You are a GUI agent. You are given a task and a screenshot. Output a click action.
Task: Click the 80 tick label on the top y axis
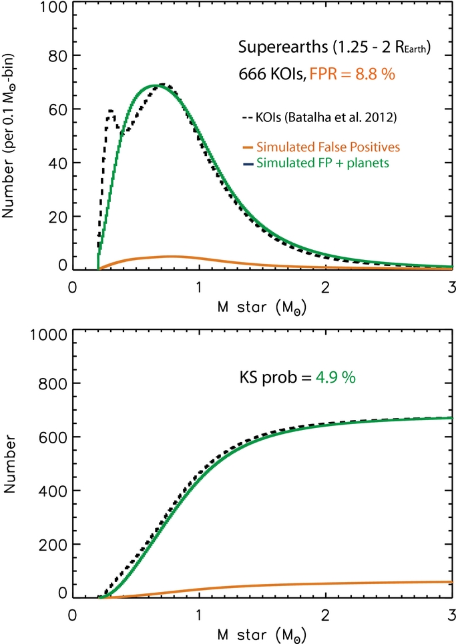pyautogui.click(x=57, y=56)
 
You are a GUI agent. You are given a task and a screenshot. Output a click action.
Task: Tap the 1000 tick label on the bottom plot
pyautogui.click(x=49, y=335)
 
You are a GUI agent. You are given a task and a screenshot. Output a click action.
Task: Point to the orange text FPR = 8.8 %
pyautogui.click(x=352, y=74)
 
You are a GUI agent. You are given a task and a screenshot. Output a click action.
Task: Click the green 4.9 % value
pyautogui.click(x=336, y=377)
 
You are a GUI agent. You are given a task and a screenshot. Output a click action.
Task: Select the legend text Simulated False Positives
pyautogui.click(x=328, y=147)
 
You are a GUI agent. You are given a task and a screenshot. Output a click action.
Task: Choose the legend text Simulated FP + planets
pyautogui.click(x=322, y=163)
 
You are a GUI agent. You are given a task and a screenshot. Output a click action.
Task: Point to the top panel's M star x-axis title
pyautogui.click(x=262, y=307)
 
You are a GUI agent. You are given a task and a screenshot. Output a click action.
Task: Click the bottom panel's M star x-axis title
pyautogui.click(x=262, y=635)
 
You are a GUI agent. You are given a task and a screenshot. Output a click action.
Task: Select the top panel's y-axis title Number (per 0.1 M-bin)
pyautogui.click(x=8, y=136)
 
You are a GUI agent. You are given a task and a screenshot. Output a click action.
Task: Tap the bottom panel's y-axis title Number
pyautogui.click(x=9, y=464)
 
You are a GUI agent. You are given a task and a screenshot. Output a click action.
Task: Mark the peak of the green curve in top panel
pyautogui.click(x=153, y=85)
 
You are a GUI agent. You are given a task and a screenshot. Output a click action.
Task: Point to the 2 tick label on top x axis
pyautogui.click(x=325, y=287)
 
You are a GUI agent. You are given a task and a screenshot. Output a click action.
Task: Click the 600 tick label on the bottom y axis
pyautogui.click(x=53, y=437)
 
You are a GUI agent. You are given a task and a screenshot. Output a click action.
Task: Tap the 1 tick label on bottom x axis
pyautogui.click(x=199, y=615)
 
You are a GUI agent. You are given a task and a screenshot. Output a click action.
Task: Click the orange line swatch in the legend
pyautogui.click(x=248, y=147)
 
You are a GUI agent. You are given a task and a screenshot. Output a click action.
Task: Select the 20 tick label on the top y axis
pyautogui.click(x=57, y=217)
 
